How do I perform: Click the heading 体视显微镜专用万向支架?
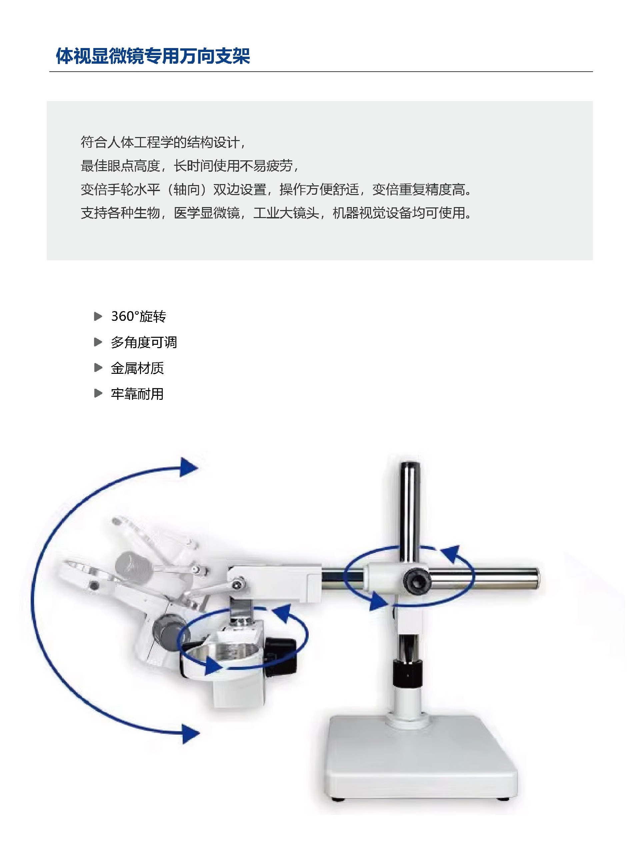point(153,56)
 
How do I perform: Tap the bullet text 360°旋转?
point(139,316)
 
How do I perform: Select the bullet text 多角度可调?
point(144,342)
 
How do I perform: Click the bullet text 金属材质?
point(138,368)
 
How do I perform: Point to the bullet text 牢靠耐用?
point(138,394)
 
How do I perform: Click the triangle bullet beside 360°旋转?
point(98,316)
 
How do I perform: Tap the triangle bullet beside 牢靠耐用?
point(98,394)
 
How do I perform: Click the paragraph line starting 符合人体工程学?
point(163,142)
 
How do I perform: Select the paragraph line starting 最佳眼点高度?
point(190,166)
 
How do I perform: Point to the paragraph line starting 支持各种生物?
point(276,213)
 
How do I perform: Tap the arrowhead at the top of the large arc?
point(189,467)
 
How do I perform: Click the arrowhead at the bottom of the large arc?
point(191,734)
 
